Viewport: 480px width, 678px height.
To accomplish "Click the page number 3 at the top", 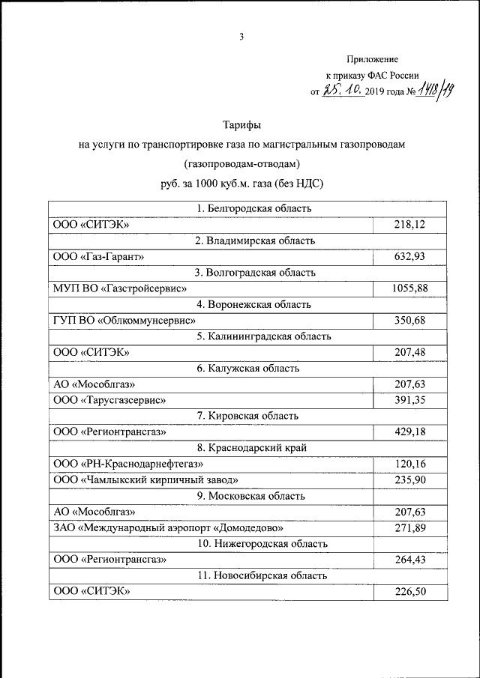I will point(241,37).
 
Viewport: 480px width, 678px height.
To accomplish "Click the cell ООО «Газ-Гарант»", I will point(98,257).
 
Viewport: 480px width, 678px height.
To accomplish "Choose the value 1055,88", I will point(409,288).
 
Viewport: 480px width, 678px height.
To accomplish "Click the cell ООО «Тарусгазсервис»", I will point(109,400).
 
